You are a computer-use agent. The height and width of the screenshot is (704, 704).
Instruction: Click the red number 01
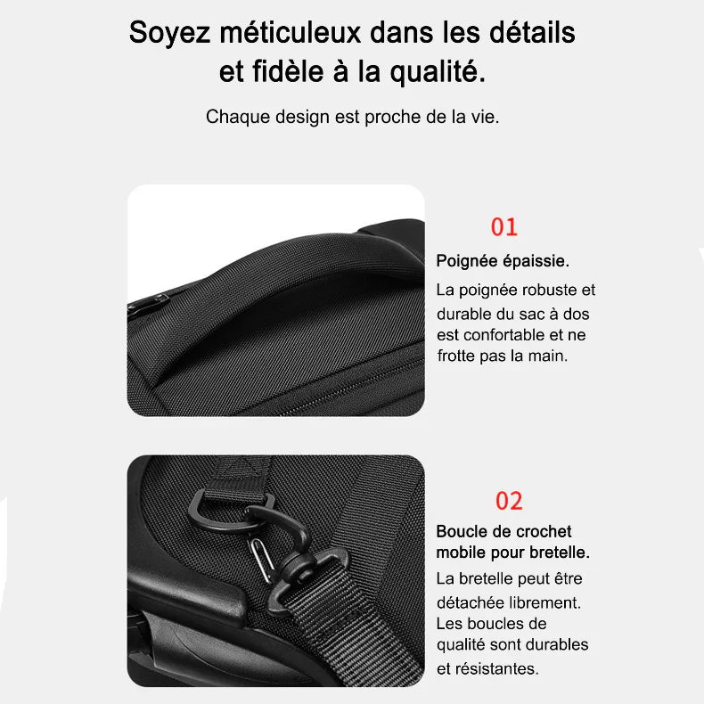pos(503,227)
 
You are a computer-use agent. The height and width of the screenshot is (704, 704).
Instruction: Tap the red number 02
pos(509,501)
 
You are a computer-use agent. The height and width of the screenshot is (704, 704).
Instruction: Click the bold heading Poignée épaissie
pos(503,261)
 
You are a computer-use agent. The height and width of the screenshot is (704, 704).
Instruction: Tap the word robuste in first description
pos(543,290)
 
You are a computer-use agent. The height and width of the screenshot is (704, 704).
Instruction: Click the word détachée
pos(470,602)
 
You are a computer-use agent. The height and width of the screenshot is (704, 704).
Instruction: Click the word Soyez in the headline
pos(169,33)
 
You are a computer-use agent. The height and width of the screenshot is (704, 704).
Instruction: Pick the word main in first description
pos(550,356)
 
